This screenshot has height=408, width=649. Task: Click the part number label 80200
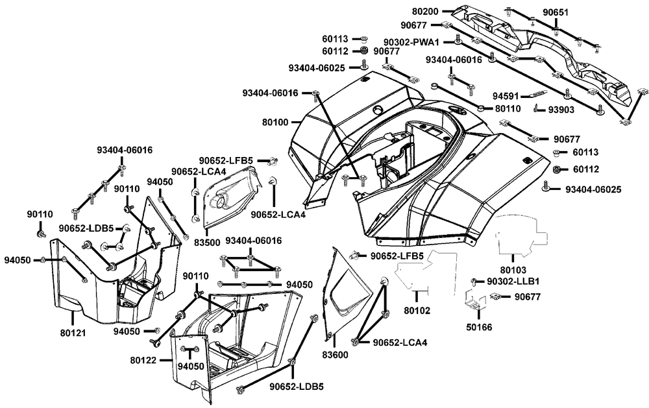click(425, 12)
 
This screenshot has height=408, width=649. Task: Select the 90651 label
click(556, 12)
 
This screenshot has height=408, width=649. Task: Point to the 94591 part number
click(506, 96)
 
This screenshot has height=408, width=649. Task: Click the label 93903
click(561, 110)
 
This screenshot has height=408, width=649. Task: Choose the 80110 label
click(508, 109)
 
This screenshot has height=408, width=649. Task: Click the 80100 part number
click(275, 123)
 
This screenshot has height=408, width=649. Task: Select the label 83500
click(207, 243)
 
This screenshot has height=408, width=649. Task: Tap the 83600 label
click(336, 355)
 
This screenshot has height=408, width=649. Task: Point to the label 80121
click(73, 333)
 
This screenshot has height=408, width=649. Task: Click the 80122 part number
click(143, 361)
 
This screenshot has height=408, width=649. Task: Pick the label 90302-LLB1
click(513, 282)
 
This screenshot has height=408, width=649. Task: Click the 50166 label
click(479, 328)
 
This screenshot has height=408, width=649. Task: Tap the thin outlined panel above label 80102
click(426, 271)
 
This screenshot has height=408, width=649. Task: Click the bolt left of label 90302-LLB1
click(473, 282)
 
